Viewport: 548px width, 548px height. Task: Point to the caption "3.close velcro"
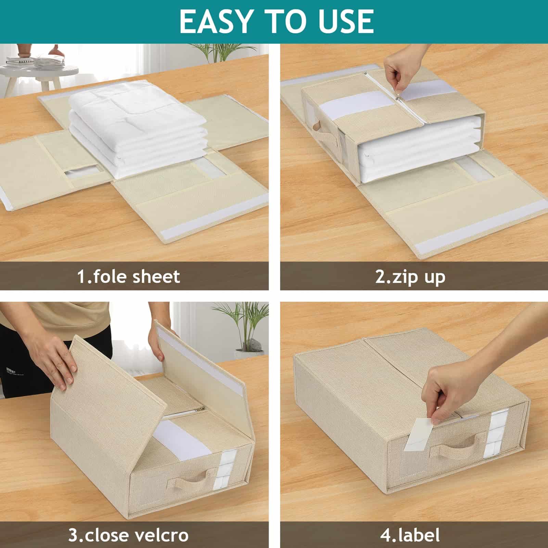(x=128, y=535)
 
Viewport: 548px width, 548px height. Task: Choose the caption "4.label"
(x=410, y=535)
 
